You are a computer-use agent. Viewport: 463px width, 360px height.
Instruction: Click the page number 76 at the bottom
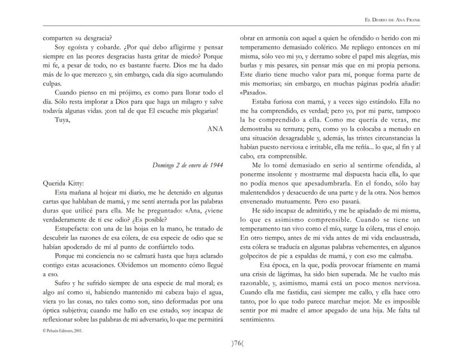click(231, 342)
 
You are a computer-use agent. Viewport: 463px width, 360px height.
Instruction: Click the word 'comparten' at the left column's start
click(59, 37)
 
